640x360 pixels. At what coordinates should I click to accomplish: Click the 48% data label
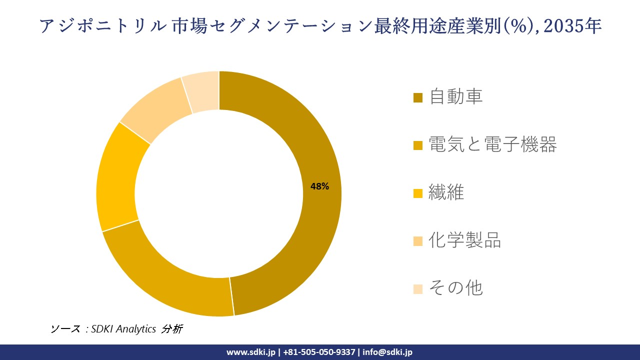[x=319, y=186]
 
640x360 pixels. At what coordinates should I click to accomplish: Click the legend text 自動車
[x=456, y=96]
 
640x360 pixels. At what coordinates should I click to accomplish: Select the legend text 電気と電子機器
[x=492, y=145]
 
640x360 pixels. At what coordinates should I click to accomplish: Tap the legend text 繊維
[x=446, y=192]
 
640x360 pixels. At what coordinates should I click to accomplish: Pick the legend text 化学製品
[x=465, y=240]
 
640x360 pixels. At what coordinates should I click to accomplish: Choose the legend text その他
[x=455, y=288]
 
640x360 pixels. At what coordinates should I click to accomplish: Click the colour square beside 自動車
[x=418, y=97]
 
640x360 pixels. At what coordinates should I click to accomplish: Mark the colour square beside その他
[x=418, y=289]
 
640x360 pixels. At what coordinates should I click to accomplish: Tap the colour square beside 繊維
[x=418, y=193]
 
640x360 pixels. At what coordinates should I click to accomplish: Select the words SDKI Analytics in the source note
[x=123, y=329]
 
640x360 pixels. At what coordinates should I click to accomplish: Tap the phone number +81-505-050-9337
[x=319, y=352]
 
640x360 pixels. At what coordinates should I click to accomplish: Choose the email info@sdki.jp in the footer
[x=387, y=352]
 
